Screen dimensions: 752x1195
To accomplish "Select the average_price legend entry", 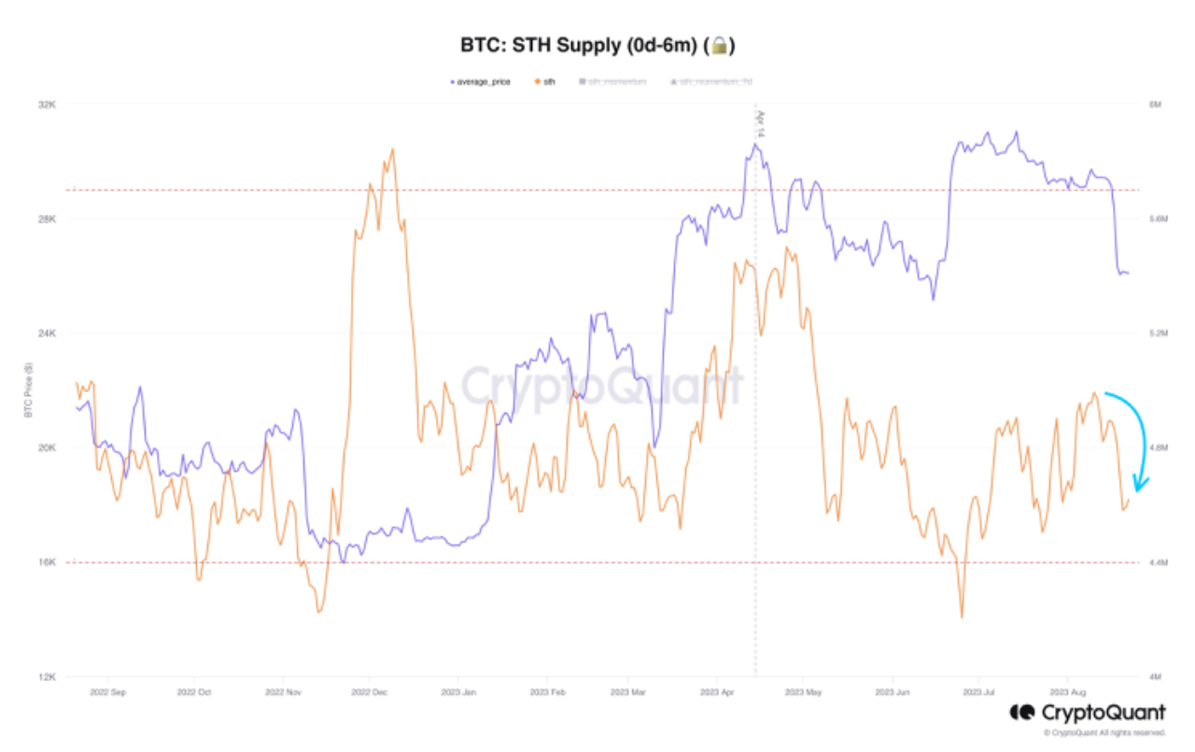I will (x=481, y=82).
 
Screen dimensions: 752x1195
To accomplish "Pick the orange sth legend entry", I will (x=544, y=82).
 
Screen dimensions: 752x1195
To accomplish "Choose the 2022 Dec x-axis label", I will (x=369, y=693).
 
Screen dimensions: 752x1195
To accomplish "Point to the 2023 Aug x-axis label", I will (x=1066, y=693).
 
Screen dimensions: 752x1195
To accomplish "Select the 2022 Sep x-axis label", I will (x=107, y=693).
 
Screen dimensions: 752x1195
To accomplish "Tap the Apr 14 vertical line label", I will (x=761, y=124).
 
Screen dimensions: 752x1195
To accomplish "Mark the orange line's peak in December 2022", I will (x=392, y=149).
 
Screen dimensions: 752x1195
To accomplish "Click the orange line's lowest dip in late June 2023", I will (x=962, y=617).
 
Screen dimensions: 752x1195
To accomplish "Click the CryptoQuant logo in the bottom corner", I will (x=1088, y=713).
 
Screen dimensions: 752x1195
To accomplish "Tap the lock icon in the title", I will (x=720, y=45).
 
